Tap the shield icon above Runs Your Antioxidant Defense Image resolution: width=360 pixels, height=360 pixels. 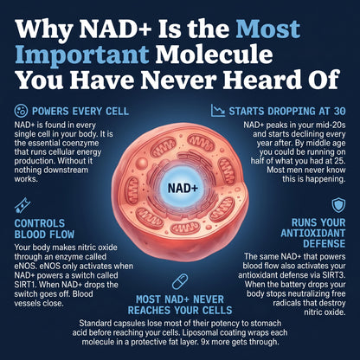[338, 205]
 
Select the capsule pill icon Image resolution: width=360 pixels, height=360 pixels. [180, 281]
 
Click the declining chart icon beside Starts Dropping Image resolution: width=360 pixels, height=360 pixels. [218, 111]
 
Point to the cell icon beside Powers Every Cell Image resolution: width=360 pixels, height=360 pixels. [21, 111]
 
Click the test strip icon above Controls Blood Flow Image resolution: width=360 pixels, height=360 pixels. [22, 205]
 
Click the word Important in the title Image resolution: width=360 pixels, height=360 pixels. [82, 55]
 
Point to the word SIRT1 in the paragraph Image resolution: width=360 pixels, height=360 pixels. [25, 285]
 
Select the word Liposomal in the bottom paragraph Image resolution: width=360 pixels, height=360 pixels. [200, 332]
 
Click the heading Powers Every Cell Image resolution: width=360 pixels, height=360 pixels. [80, 112]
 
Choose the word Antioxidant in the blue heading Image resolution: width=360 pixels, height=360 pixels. [313, 233]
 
